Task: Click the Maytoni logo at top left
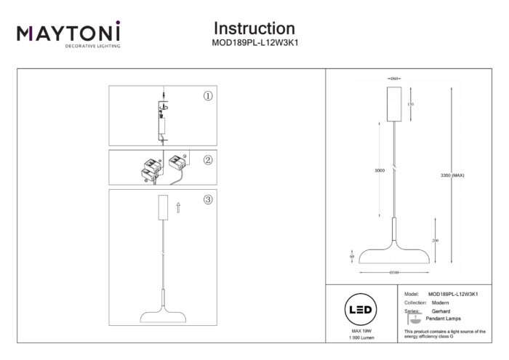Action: [x=69, y=34]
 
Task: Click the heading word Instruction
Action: [x=254, y=28]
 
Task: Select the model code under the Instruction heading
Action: [x=254, y=43]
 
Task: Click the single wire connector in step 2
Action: [x=177, y=161]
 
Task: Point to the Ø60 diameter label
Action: [x=393, y=77]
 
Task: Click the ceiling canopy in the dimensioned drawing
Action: [x=394, y=104]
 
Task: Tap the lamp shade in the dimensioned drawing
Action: [x=393, y=257]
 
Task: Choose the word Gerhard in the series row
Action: [x=441, y=311]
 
